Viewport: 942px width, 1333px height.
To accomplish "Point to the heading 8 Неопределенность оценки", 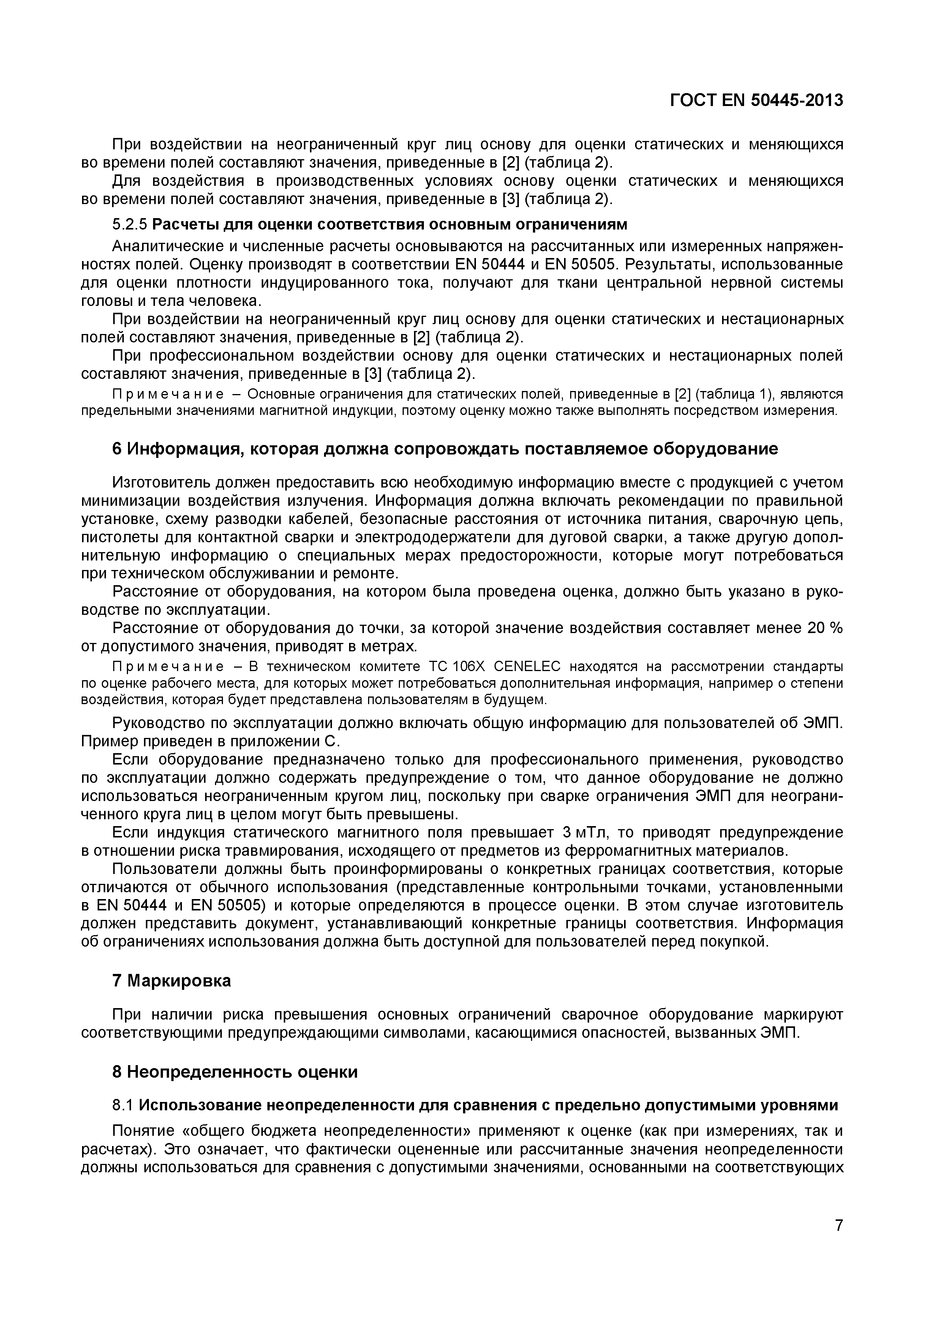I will point(234,1072).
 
